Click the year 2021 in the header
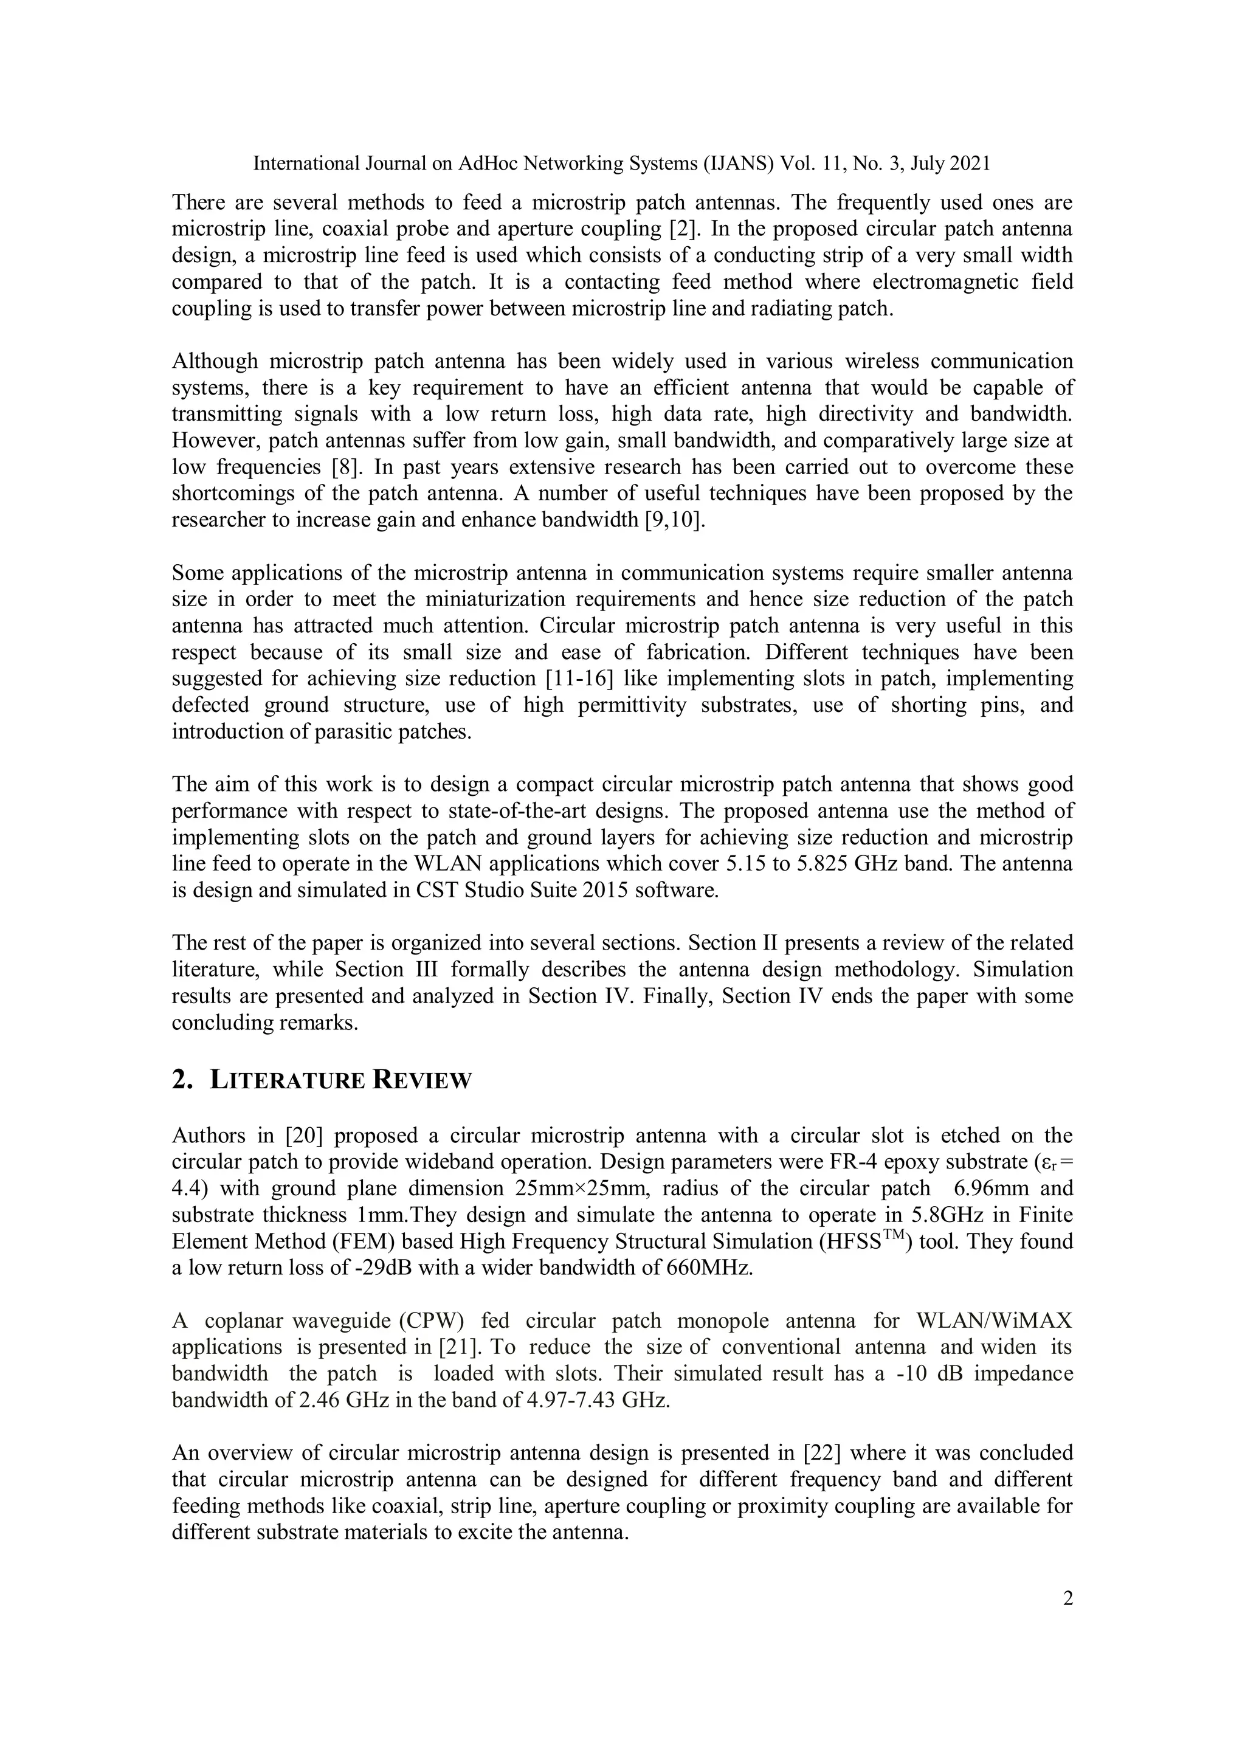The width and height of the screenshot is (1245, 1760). coord(970,164)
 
